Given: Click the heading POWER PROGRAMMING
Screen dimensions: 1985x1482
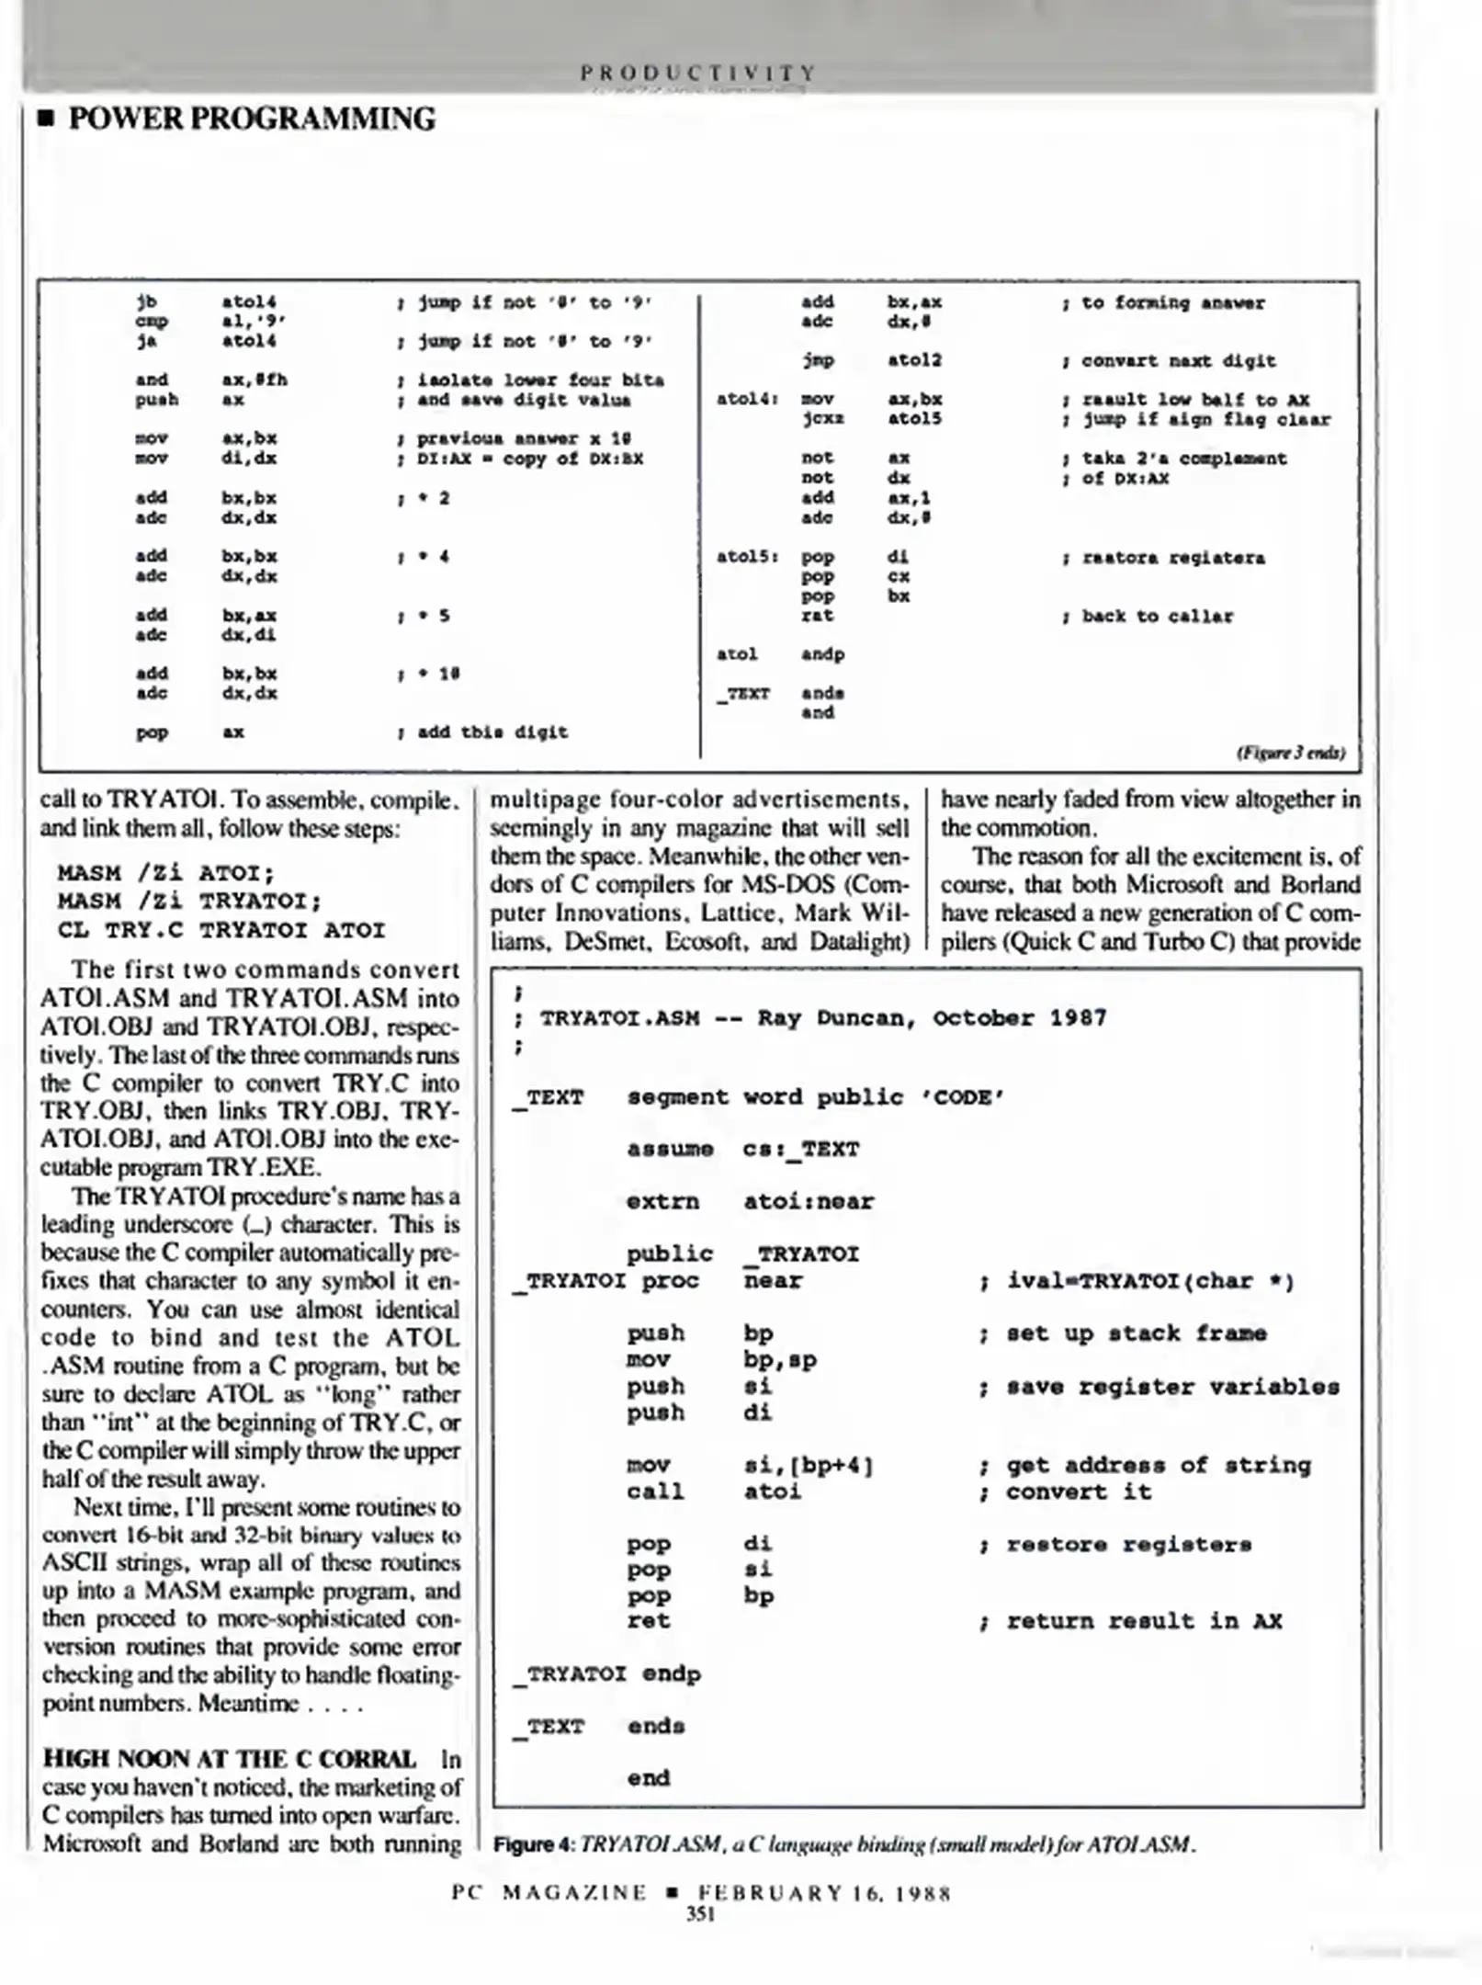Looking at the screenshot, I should pyautogui.click(x=251, y=119).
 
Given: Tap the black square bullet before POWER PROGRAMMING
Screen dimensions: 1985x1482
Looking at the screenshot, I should pyautogui.click(x=46, y=119).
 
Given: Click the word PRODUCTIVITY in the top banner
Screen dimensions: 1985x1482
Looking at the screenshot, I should pyautogui.click(x=697, y=72).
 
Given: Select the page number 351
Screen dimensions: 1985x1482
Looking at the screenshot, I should pyautogui.click(x=700, y=1914).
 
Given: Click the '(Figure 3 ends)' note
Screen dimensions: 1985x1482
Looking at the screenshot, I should pyautogui.click(x=1290, y=753).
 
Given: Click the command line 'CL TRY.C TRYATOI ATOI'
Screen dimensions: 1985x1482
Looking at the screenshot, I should pyautogui.click(x=221, y=930).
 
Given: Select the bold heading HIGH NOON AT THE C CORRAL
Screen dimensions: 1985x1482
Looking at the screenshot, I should pyautogui.click(x=229, y=1758).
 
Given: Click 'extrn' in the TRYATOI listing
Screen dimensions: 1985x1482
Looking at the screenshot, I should pyautogui.click(x=662, y=1201).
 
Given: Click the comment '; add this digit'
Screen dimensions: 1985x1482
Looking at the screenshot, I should pyautogui.click(x=482, y=732).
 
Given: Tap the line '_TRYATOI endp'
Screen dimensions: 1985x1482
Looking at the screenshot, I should pyautogui.click(x=606, y=1673).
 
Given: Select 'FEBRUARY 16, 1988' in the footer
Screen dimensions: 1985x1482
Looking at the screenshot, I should pyautogui.click(x=824, y=1893).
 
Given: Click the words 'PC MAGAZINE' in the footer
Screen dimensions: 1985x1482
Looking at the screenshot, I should pyautogui.click(x=549, y=1893).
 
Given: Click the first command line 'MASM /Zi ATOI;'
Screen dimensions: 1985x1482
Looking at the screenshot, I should pyautogui.click(x=165, y=872).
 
